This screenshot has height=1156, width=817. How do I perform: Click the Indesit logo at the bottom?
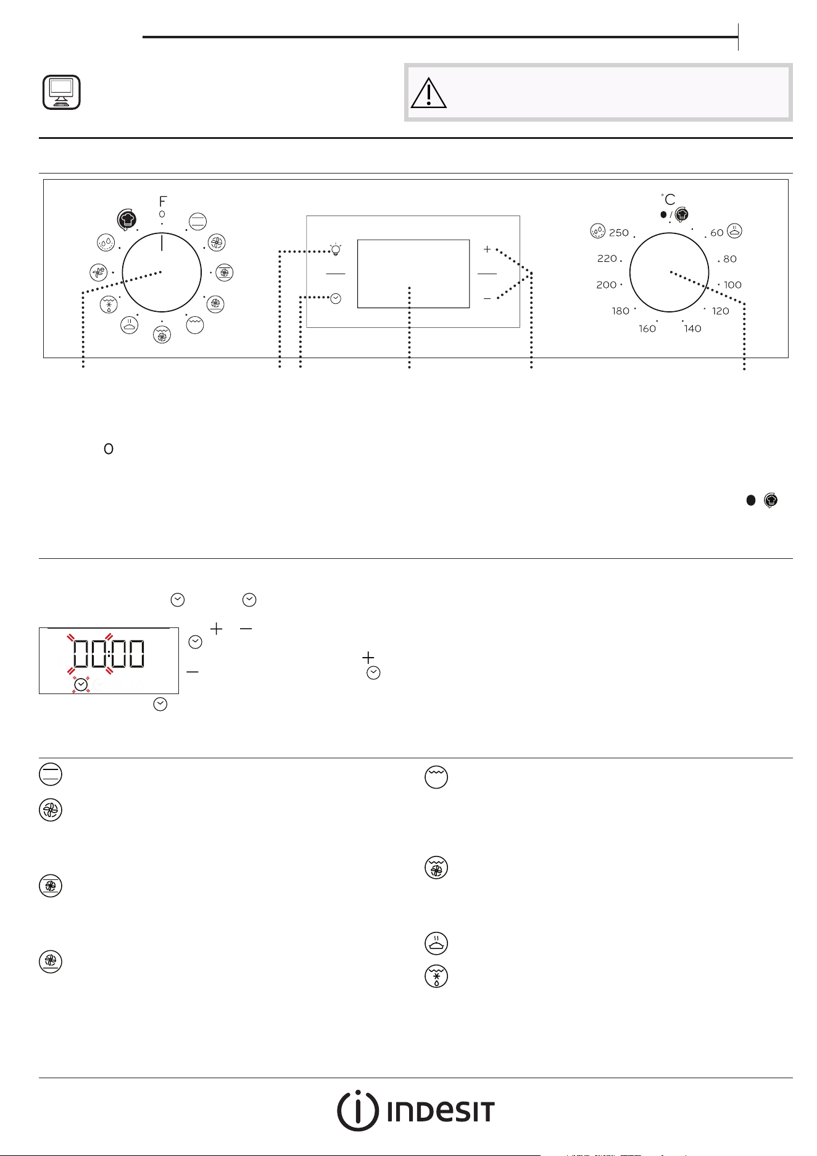(x=415, y=1112)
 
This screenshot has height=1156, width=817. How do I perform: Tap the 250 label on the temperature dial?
(x=619, y=233)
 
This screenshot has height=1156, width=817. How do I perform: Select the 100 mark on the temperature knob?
(x=732, y=285)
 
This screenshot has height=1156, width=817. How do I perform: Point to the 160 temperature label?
(x=647, y=329)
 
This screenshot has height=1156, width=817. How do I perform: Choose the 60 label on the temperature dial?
(x=716, y=233)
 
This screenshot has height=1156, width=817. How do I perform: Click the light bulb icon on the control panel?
(x=335, y=249)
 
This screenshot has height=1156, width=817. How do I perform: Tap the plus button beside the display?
(x=487, y=249)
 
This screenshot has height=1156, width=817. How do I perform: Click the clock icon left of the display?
(x=336, y=298)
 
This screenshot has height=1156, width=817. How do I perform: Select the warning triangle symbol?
(x=429, y=93)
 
